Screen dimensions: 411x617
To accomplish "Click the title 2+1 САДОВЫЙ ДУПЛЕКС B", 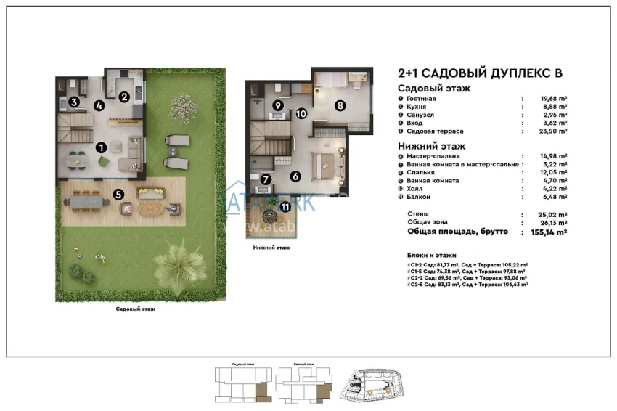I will (480, 73).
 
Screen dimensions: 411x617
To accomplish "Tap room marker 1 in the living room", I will (102, 147).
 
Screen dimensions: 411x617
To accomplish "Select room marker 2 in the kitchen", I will (124, 96).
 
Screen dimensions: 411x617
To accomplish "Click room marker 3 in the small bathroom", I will (74, 102).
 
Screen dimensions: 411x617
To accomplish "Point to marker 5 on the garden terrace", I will (118, 195).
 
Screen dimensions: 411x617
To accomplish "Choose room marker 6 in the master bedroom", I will (295, 176).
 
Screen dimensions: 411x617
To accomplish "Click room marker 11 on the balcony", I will (285, 207).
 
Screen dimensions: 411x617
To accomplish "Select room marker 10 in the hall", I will (301, 113).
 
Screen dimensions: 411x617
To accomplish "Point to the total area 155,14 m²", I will (544, 232).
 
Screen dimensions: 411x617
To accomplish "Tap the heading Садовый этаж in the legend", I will (434, 88).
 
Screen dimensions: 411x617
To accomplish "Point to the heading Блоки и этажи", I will (431, 256).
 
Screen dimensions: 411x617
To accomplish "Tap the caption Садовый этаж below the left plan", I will (135, 309).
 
